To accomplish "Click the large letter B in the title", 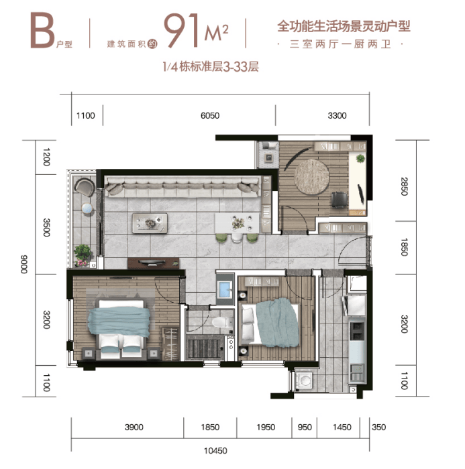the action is [42, 30].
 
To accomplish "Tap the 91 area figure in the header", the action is [182, 30].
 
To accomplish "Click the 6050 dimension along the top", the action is [210, 115].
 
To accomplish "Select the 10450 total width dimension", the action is [215, 450].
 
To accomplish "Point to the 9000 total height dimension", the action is [24, 265].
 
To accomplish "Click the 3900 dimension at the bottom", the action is [134, 427].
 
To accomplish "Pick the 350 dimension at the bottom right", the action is [378, 427].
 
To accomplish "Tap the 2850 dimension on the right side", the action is [404, 186].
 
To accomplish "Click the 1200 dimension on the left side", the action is [46, 157].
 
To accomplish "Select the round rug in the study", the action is [311, 177].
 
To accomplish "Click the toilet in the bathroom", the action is [222, 322].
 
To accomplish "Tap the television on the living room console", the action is [152, 263].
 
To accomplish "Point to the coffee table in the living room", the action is [150, 223].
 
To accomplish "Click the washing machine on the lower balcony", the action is [304, 381].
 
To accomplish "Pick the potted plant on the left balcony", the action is [83, 253].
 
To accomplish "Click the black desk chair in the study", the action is [340, 199].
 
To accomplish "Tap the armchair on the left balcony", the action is [85, 187].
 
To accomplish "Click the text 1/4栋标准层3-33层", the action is [211, 67].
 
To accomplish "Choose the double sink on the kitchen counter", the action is [357, 331].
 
